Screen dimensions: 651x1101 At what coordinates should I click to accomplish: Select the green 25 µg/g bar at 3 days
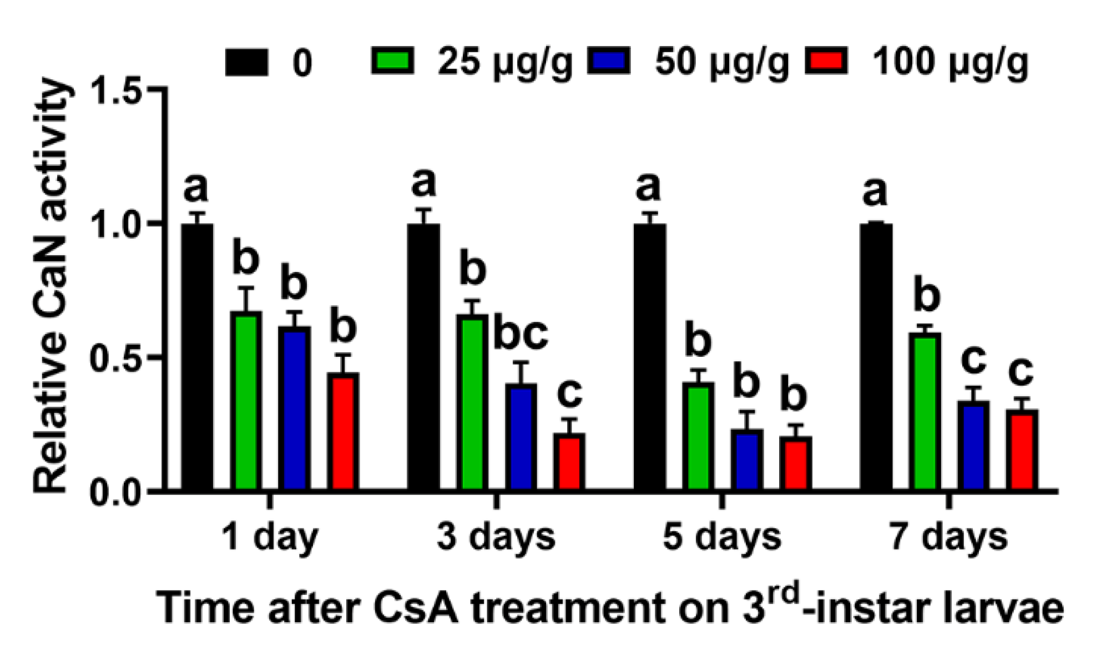point(473,402)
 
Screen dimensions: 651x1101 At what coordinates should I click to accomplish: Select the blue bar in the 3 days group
point(521,437)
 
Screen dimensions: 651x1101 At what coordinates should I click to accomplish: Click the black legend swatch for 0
point(246,62)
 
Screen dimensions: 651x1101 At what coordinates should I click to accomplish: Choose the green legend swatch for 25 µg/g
point(392,60)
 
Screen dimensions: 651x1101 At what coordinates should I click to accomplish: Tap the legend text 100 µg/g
point(950,63)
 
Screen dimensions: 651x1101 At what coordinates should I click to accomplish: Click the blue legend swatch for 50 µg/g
point(609,60)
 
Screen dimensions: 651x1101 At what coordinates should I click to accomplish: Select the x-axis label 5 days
point(721,537)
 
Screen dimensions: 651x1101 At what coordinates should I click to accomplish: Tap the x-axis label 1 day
point(270,537)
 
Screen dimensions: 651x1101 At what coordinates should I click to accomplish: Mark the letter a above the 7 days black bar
point(875,192)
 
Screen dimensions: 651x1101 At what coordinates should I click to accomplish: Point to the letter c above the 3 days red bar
point(569,393)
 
